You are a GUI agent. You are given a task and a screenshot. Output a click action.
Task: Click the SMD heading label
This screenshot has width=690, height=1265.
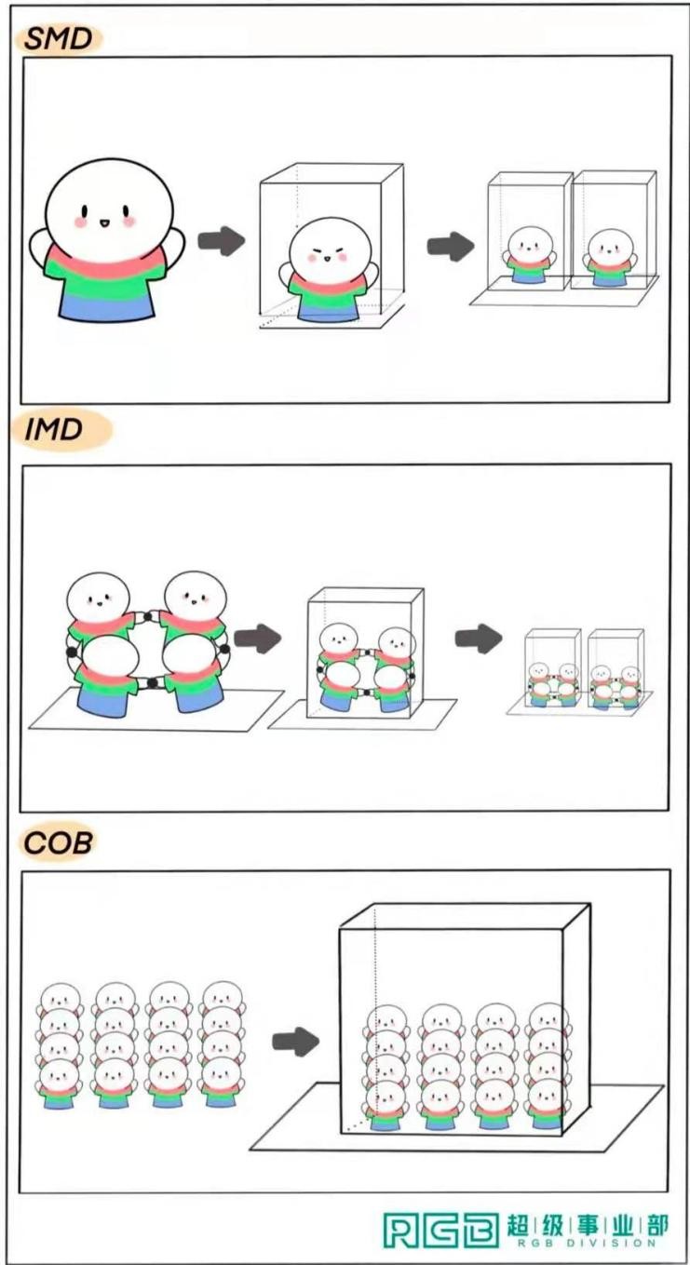pyautogui.click(x=59, y=39)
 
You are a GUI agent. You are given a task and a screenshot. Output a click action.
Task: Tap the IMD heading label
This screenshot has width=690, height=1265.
pyautogui.click(x=54, y=430)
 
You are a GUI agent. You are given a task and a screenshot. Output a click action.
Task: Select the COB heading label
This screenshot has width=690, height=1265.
pyautogui.click(x=58, y=843)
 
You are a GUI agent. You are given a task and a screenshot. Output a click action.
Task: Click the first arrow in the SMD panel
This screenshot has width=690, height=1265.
pyautogui.click(x=221, y=240)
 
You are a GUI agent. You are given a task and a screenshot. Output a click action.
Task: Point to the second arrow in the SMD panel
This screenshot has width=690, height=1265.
pyautogui.click(x=450, y=247)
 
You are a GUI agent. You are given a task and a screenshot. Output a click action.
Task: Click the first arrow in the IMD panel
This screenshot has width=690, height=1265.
pyautogui.click(x=258, y=639)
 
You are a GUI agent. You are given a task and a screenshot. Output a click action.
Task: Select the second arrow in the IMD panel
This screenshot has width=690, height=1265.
pyautogui.click(x=479, y=639)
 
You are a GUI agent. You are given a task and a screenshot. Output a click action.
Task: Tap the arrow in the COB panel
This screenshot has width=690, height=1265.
pyautogui.click(x=295, y=1042)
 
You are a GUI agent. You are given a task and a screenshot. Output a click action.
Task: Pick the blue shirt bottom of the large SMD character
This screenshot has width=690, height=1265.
pyautogui.click(x=106, y=306)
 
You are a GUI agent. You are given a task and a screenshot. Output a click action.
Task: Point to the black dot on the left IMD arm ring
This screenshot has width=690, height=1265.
pyautogui.click(x=72, y=653)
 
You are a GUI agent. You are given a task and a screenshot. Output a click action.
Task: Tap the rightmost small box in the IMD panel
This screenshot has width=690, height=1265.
pyautogui.click(x=616, y=668)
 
